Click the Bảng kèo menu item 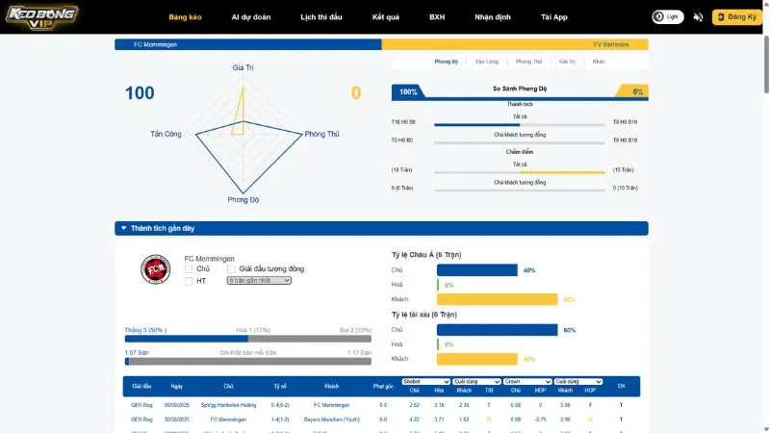coord(184,17)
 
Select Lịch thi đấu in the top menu coord(322,17)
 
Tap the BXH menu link coord(437,17)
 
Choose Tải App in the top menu coord(554,17)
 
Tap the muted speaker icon coord(699,17)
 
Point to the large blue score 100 coord(140,93)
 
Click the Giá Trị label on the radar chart coord(243,68)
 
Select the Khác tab coord(599,62)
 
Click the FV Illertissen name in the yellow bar coord(611,44)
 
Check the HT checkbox coord(189,281)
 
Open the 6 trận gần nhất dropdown coord(259,281)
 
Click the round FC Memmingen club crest coord(155,270)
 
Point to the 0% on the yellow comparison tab coord(637,91)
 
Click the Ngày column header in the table coord(173,386)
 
